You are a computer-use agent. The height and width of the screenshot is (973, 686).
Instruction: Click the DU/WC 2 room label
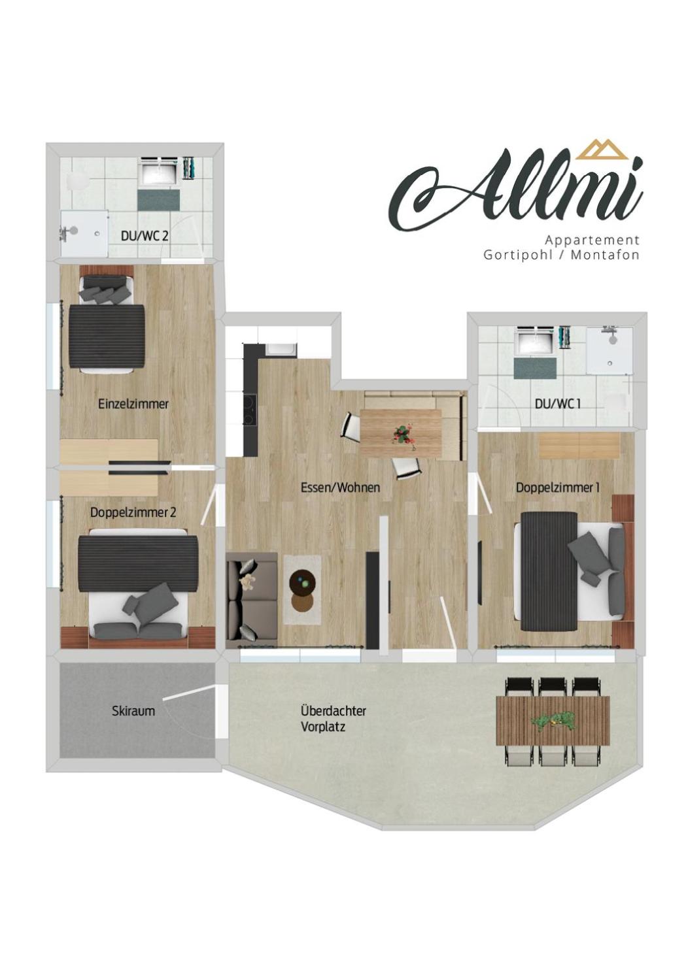145,236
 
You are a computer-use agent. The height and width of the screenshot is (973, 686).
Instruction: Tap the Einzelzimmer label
133,404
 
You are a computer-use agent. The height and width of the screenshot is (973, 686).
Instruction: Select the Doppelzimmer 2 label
133,512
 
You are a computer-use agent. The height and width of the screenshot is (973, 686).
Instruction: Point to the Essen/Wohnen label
341,487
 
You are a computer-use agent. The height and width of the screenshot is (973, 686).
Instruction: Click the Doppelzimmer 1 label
558,487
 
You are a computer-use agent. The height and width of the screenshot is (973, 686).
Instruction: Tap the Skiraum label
133,711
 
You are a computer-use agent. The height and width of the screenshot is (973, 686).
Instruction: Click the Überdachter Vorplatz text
334,719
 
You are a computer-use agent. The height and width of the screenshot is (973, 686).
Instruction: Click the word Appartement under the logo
592,240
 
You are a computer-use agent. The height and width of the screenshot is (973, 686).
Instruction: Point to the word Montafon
605,255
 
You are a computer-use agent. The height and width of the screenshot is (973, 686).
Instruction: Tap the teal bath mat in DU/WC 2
159,199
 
